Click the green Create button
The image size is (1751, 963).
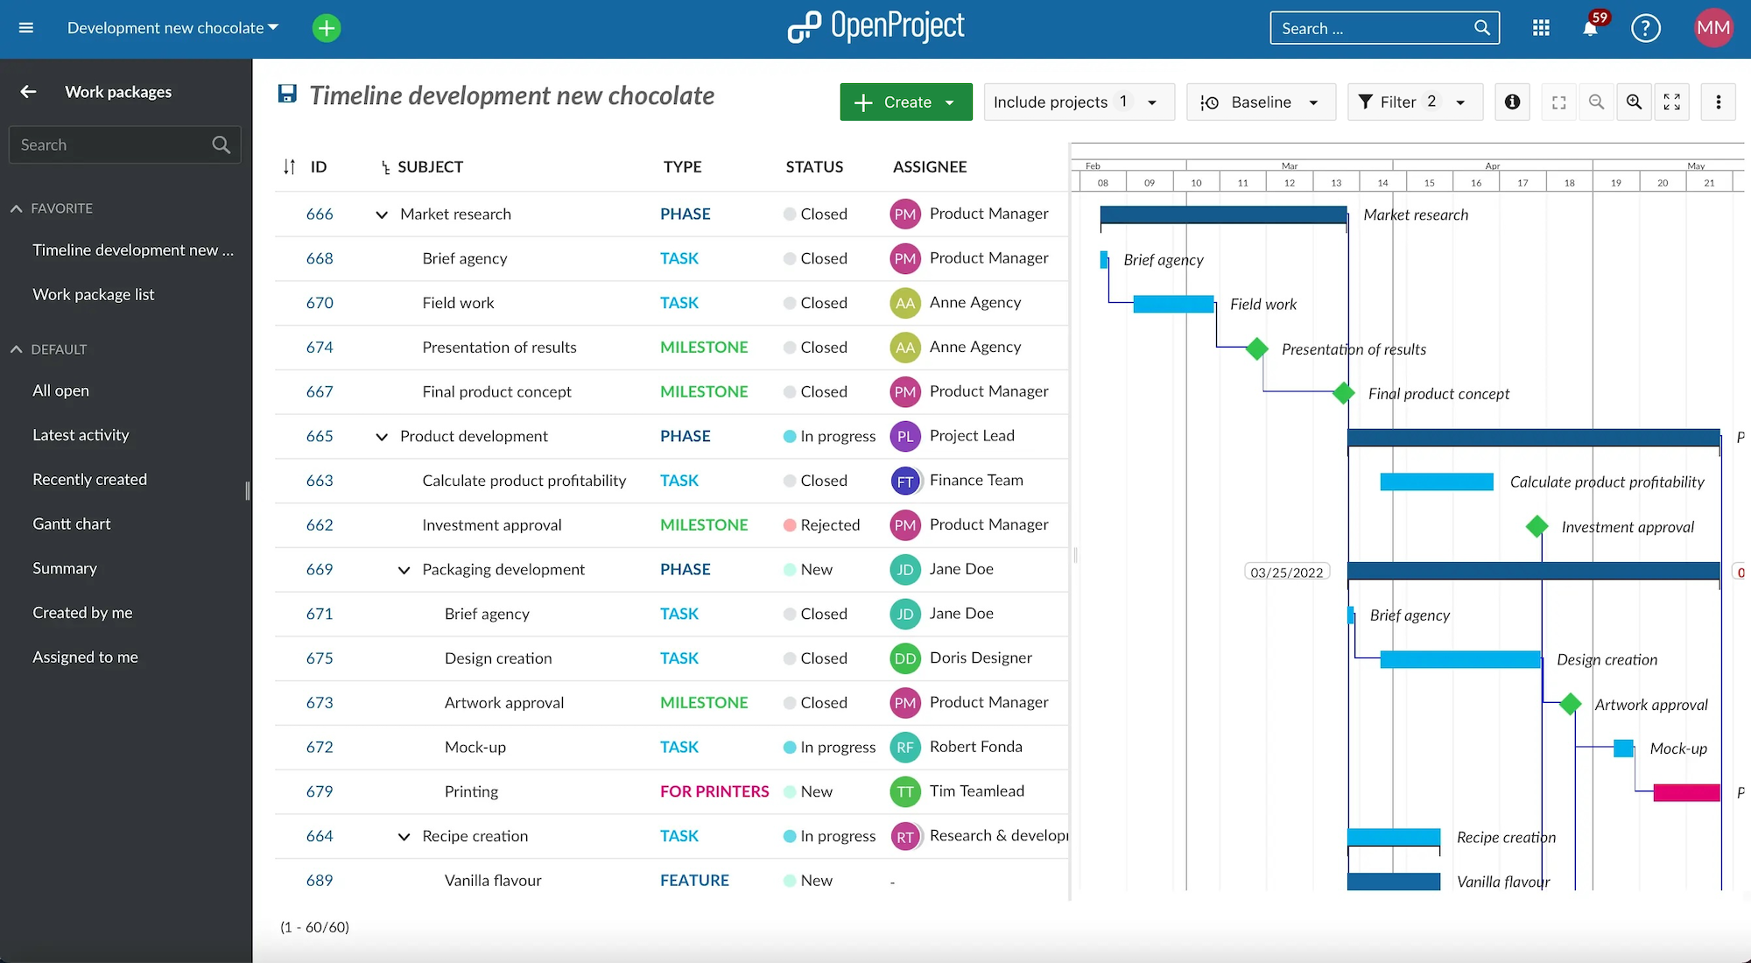905,102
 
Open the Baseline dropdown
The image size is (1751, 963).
1260,102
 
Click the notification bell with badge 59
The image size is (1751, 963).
1590,28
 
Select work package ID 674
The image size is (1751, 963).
320,348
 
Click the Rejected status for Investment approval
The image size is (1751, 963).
829,525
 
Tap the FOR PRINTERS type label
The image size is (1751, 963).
714,791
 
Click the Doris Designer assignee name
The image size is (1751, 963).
981,658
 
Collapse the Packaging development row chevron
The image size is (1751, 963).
404,570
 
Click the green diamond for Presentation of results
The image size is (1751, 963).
1257,348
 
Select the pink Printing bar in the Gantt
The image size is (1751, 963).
1686,793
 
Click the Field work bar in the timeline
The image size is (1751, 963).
1173,305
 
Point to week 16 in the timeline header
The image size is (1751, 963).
1476,183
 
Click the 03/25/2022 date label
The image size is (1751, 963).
1286,573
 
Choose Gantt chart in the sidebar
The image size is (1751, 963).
72,524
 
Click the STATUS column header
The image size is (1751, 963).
814,167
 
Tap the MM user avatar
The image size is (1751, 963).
1712,28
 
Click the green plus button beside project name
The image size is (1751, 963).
327,28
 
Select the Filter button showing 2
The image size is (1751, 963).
1413,102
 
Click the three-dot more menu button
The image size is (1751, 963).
1718,102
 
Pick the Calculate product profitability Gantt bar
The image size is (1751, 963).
1436,482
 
